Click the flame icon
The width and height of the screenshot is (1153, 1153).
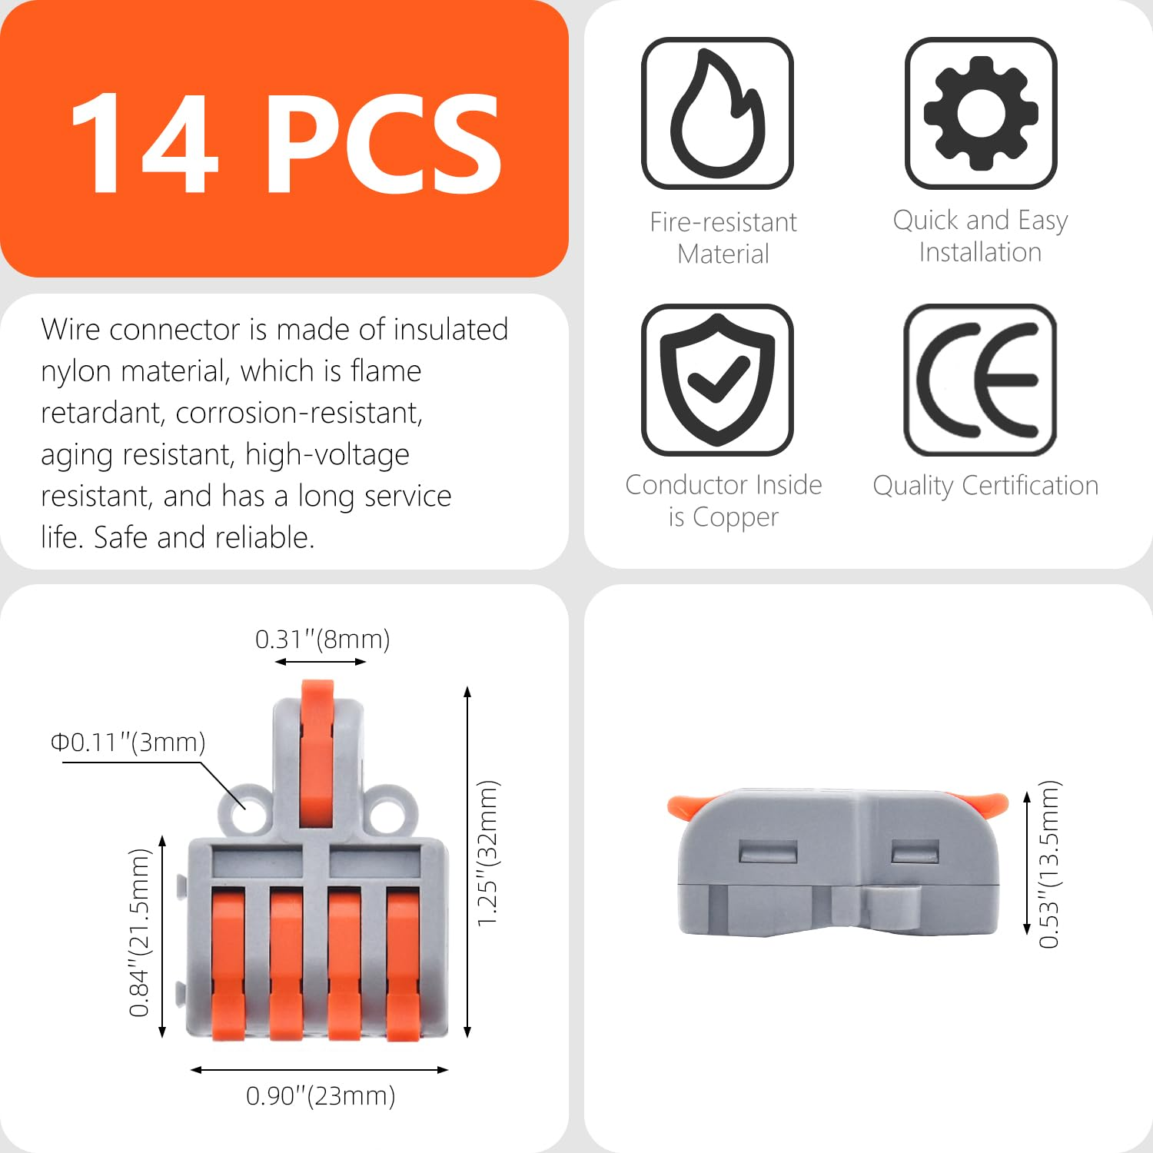[x=717, y=113]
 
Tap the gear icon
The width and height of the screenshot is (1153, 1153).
[x=981, y=113]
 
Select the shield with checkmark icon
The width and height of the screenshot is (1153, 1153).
[x=717, y=379]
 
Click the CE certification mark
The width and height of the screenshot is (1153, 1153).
[x=981, y=379]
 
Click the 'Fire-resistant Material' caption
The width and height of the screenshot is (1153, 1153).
[x=723, y=238]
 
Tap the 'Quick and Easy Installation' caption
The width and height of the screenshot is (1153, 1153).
[x=980, y=236]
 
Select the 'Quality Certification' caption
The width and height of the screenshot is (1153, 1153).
[x=985, y=486]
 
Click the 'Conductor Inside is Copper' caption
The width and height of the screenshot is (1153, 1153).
[x=723, y=500]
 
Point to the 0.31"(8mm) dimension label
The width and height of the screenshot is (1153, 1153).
[x=322, y=639]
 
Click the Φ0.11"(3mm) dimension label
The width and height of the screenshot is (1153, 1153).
[x=128, y=743]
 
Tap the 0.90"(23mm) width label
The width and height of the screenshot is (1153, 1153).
[x=321, y=1095]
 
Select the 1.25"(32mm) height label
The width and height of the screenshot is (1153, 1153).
[x=488, y=853]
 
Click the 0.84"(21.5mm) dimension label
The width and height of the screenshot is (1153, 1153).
[x=139, y=932]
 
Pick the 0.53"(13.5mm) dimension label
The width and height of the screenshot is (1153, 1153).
[x=1049, y=864]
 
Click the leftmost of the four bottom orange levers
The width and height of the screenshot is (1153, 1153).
[x=228, y=961]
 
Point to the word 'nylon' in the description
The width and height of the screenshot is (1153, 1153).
[x=77, y=372]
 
